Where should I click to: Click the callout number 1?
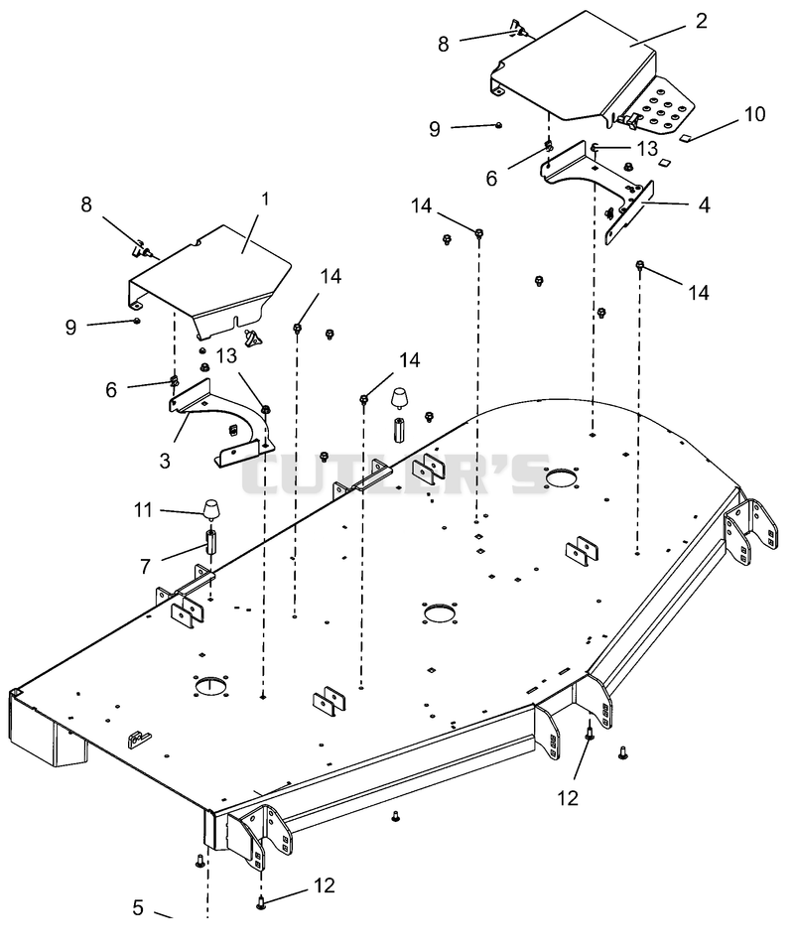265,199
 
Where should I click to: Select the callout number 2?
702,21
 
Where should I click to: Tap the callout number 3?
165,461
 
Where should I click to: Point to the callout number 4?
704,204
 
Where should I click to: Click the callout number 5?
138,907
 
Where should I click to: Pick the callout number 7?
145,567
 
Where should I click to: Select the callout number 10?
754,113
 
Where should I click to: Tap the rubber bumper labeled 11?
211,510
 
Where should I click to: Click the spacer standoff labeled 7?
212,541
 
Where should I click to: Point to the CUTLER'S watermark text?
395,474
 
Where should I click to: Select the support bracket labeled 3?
221,424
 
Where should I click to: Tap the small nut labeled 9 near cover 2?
498,125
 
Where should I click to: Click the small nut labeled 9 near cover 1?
138,321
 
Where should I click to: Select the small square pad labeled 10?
685,138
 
